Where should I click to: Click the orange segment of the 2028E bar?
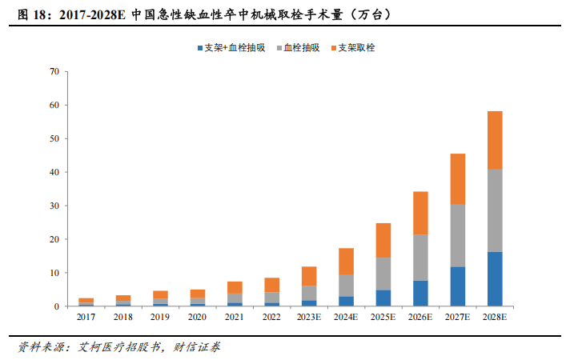(495, 140)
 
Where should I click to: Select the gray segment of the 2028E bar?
(495, 210)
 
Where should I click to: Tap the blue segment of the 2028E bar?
(495, 278)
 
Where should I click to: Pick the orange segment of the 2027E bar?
(457, 178)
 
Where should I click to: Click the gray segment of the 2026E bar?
(419, 257)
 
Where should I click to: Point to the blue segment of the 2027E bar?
(457, 286)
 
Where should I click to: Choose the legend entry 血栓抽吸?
(301, 48)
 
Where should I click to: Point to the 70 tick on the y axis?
(54, 71)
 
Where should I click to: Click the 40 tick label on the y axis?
(54, 172)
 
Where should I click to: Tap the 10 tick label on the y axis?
(54, 273)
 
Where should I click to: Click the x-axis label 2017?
(85, 318)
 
